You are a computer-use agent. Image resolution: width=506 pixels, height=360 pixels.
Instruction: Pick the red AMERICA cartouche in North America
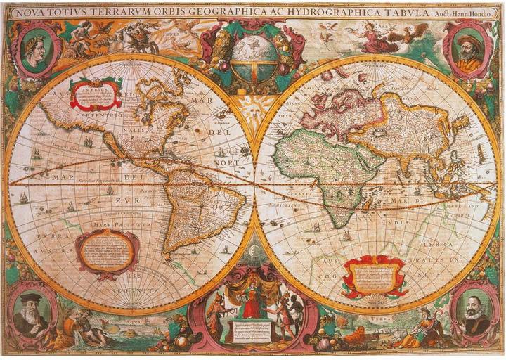94,95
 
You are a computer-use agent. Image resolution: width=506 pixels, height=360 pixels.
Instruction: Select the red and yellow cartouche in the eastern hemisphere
375,276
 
